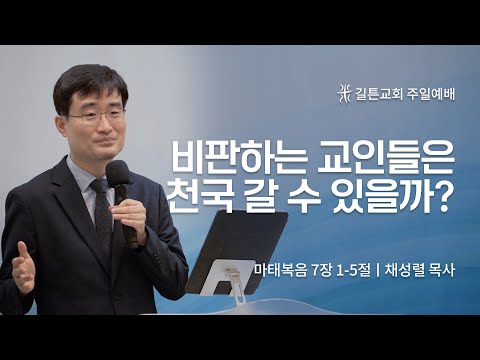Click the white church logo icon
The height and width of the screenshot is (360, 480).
pyautogui.click(x=347, y=95)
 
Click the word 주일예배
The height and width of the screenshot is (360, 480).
pyautogui.click(x=431, y=95)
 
